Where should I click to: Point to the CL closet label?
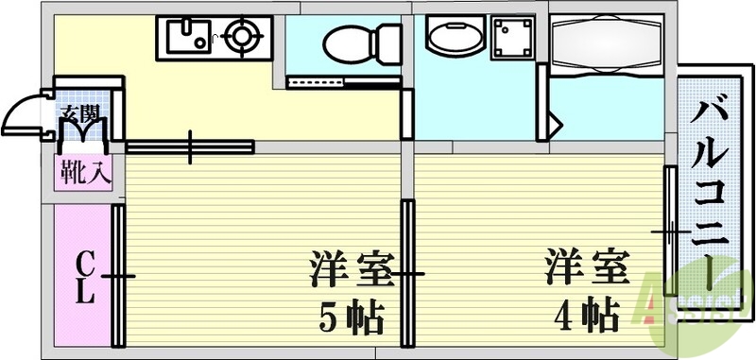point(84,274)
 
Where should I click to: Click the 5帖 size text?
point(351,317)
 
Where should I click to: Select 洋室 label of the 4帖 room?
point(586,266)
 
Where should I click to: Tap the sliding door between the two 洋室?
point(407,274)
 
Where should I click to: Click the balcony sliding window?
point(669,231)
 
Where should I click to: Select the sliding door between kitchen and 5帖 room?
point(190,146)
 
